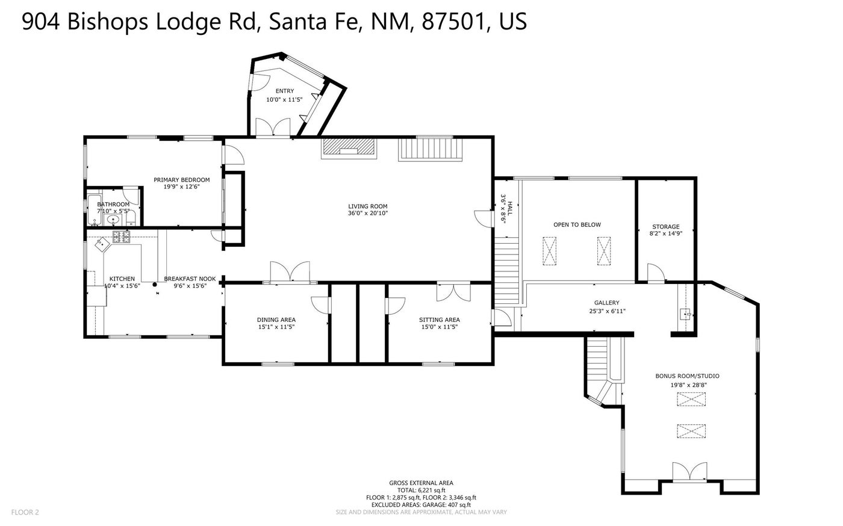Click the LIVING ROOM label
[368, 206]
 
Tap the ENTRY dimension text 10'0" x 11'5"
[284, 100]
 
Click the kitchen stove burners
[122, 237]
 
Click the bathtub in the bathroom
[94, 210]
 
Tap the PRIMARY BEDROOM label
[182, 180]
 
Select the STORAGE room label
[666, 226]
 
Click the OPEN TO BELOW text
[577, 224]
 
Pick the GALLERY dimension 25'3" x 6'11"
[607, 311]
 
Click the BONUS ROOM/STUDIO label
[687, 376]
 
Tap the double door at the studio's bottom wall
[689, 472]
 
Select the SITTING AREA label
[440, 320]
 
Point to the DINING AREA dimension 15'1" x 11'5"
[276, 327]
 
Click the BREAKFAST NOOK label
[190, 279]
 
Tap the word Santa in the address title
[297, 22]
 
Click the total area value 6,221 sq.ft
[432, 490]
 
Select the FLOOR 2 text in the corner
[25, 512]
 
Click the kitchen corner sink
[102, 244]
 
